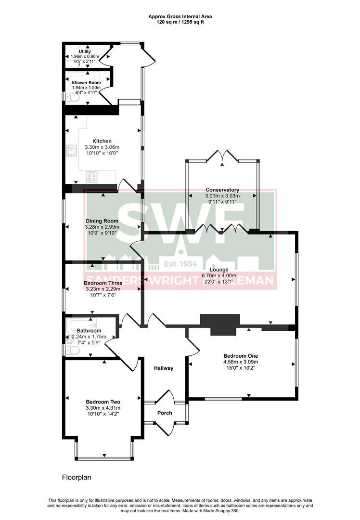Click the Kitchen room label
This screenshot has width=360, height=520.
point(102,141)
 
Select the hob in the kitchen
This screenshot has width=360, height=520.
point(91,177)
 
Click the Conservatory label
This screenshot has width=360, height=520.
point(222,190)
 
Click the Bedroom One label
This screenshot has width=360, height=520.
point(241,356)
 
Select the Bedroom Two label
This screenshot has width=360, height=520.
point(103,402)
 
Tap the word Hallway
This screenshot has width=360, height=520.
point(163,368)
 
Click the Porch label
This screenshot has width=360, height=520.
point(165,413)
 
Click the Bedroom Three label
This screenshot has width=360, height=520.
point(103,283)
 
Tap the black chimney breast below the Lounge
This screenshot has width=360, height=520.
point(219,323)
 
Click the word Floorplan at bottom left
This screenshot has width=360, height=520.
point(77,478)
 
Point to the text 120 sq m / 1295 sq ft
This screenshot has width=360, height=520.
point(180,23)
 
